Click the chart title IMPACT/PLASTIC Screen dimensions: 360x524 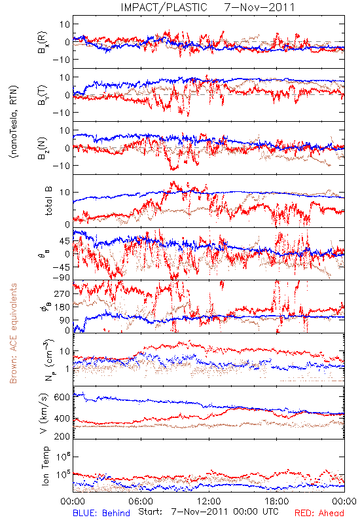point(164,7)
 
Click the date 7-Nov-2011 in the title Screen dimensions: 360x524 point(259,7)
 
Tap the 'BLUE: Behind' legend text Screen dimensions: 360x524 point(101,513)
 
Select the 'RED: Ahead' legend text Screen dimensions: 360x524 point(319,513)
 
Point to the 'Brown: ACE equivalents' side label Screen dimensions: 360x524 point(12,333)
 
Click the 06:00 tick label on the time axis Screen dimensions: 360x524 point(141,501)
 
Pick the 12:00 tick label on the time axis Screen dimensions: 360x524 point(209,501)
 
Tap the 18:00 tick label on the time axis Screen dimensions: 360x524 point(277,501)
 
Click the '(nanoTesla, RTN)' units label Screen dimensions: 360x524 point(14,121)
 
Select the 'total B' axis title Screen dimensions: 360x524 point(48,200)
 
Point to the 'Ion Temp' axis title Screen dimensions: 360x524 point(45,466)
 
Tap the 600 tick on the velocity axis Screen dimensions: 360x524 point(62,397)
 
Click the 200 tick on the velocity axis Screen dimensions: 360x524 point(62,436)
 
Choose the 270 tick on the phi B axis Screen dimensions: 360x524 point(62,293)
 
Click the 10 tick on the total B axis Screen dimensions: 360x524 point(65,193)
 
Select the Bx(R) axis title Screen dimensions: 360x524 point(43,42)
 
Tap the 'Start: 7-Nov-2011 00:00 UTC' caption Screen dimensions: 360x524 point(208,512)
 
